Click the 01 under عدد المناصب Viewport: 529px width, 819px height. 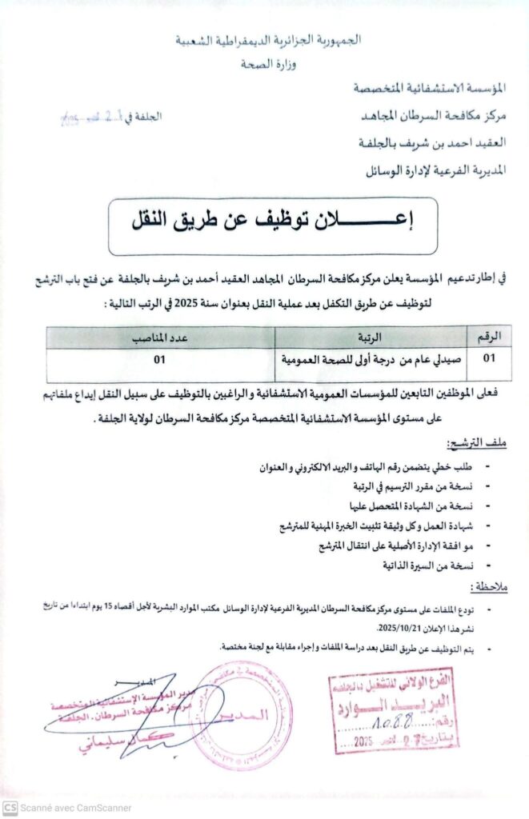(160, 359)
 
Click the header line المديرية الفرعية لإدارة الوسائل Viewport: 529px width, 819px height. (431, 170)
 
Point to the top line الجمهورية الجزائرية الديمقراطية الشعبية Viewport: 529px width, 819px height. (267, 39)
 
